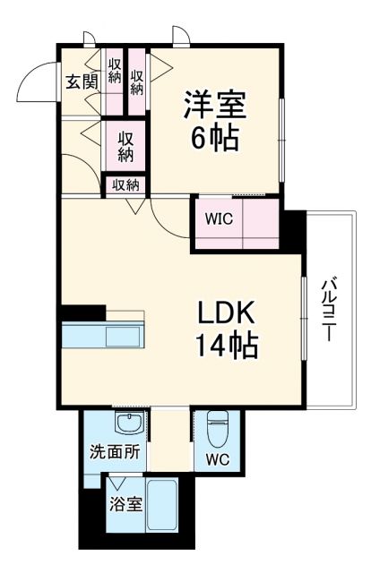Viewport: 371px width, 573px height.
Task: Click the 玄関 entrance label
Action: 81,81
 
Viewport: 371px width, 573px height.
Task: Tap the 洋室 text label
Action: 216,105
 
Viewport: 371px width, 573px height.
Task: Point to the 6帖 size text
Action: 215,140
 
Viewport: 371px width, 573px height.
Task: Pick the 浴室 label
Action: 125,504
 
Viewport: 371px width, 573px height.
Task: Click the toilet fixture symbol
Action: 217,430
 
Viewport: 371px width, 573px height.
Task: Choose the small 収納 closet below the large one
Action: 126,185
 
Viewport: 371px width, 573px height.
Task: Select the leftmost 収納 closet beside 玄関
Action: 115,77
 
